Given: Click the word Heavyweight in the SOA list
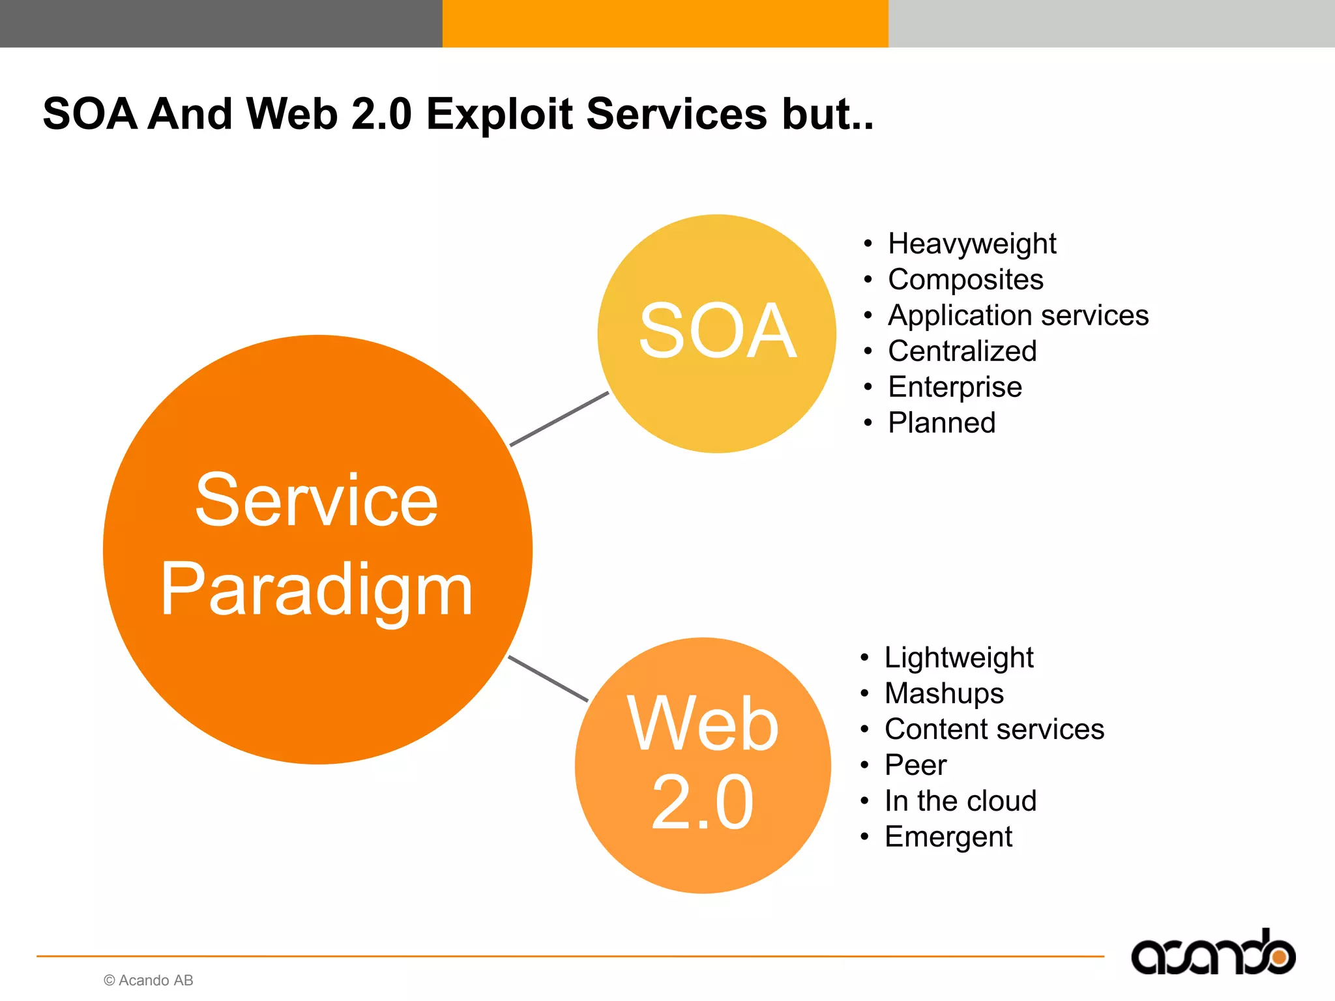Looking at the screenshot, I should point(971,244).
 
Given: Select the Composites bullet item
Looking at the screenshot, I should point(965,280).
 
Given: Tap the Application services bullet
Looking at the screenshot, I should point(1018,316).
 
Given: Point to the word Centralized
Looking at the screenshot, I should point(962,351).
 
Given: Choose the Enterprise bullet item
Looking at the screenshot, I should point(955,387).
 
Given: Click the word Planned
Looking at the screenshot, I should point(942,423).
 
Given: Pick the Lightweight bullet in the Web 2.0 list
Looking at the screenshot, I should point(959,658).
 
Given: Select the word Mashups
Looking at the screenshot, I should point(944,693).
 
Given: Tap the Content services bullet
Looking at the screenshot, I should point(994,729).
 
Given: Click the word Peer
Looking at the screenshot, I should point(915,765).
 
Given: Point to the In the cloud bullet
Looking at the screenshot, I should point(960,801).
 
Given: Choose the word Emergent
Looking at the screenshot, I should point(948,837).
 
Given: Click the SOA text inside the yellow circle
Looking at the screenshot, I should point(717,332).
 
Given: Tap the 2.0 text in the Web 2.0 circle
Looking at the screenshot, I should point(703,803).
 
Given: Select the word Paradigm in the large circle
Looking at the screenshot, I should point(317,590).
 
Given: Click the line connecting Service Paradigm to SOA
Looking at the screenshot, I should point(559,419).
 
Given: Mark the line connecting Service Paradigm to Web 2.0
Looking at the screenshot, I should point(548,678).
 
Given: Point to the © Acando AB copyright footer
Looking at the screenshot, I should point(149,980).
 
